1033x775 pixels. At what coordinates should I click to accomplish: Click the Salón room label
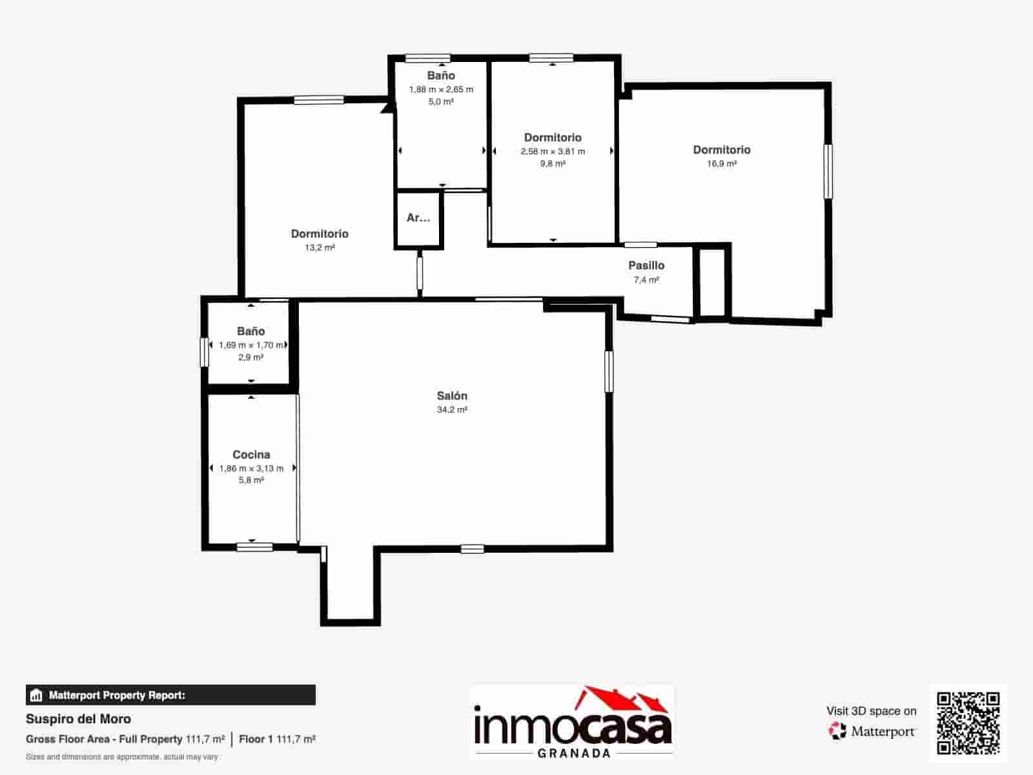pos(452,396)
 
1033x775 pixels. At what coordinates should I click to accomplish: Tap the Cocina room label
pos(251,455)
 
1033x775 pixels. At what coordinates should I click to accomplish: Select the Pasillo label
pos(646,265)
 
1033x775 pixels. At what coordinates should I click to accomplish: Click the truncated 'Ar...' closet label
pos(418,218)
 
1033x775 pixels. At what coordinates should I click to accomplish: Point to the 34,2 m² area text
pos(452,410)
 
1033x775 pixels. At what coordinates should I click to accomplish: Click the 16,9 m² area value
pos(721,164)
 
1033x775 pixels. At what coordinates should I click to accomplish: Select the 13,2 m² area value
pos(320,247)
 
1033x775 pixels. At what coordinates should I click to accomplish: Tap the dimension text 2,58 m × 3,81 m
pos(553,152)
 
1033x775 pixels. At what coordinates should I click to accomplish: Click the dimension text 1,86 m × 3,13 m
pos(251,468)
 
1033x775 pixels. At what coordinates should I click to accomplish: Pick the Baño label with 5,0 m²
pos(441,76)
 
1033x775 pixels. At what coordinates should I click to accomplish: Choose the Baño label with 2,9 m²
pos(251,331)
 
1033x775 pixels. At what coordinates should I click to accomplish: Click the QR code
pos(968,723)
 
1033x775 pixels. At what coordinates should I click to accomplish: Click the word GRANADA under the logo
pos(574,753)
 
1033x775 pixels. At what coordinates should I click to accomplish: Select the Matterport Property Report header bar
pos(171,695)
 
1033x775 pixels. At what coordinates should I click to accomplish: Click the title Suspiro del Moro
pos(78,719)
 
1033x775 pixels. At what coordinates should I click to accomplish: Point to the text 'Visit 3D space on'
pos(871,711)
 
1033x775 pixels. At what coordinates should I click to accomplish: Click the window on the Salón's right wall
pos(609,371)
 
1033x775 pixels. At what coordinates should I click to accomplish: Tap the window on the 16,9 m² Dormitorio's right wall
pos(828,171)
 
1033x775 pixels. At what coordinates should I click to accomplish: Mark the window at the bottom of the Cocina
pos(254,547)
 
